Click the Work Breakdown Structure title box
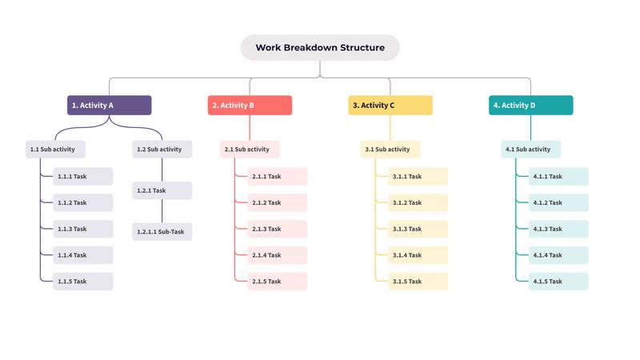tap(320, 47)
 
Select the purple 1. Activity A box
tap(110, 105)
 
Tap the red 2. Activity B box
tap(250, 105)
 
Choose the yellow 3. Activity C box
tap(390, 105)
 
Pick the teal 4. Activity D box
tap(531, 105)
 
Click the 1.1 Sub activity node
tap(55, 149)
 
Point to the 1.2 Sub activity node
tap(162, 149)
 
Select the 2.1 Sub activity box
tap(250, 149)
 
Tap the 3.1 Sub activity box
tap(390, 149)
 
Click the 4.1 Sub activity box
tap(531, 149)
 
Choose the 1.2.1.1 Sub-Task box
tap(162, 232)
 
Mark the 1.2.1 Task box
tap(162, 190)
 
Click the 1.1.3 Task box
tap(83, 229)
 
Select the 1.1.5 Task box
tap(83, 282)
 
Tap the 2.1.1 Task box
tap(271, 176)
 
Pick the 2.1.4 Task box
tap(271, 255)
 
